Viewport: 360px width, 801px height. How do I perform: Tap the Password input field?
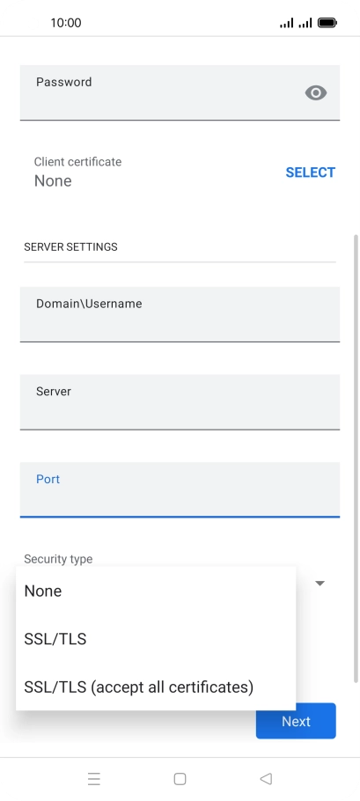tap(180, 92)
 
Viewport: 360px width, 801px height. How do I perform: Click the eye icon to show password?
tap(316, 93)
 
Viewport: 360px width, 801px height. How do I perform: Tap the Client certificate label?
tap(77, 162)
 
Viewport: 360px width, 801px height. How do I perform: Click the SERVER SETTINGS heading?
tap(70, 246)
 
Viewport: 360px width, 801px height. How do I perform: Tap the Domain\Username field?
tap(180, 314)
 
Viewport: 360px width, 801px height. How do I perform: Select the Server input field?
tap(180, 402)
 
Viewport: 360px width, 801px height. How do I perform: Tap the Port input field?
tap(180, 490)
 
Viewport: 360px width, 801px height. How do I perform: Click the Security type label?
tap(58, 559)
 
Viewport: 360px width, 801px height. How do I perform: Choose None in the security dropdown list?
tap(43, 591)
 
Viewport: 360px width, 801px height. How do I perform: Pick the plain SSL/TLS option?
tap(55, 639)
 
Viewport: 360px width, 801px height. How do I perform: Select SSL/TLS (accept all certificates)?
tap(139, 687)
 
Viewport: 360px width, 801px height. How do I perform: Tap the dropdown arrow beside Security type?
tap(320, 584)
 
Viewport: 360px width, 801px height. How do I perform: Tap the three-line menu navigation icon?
tap(94, 778)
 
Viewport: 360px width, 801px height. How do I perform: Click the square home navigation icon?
tap(180, 778)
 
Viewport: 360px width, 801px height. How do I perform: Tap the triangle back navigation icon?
tap(266, 778)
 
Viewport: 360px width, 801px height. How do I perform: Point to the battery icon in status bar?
tap(327, 23)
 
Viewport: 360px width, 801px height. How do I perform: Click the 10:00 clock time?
tap(66, 23)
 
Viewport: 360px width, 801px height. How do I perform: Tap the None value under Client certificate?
tap(53, 180)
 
